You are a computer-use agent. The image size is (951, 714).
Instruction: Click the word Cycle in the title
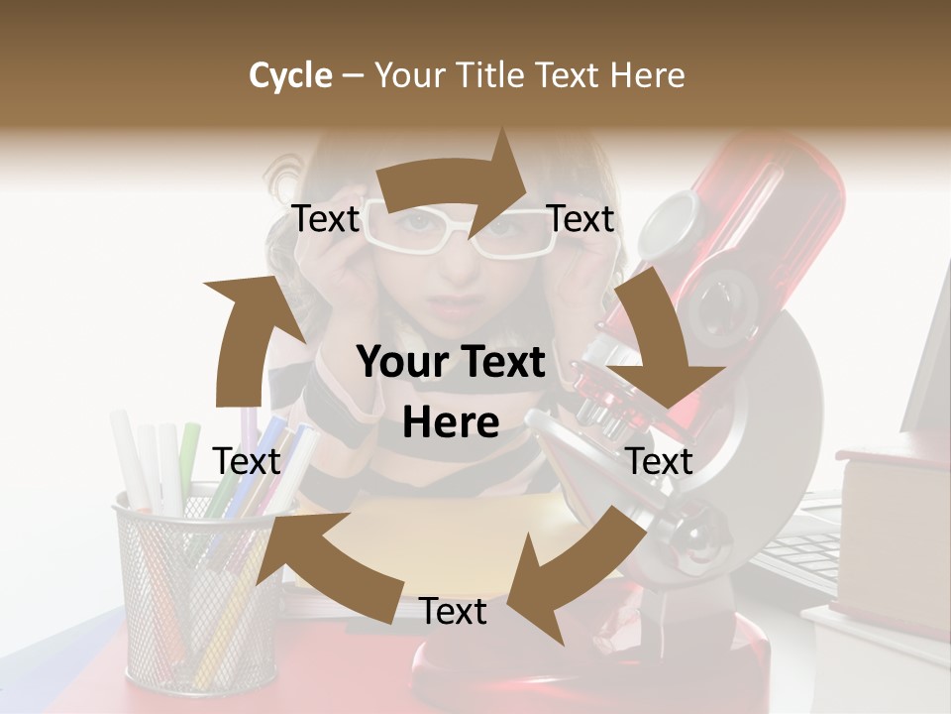[x=290, y=75]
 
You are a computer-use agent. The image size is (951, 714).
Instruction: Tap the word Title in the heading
[x=488, y=75]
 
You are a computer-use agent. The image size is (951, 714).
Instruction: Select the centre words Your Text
[x=451, y=363]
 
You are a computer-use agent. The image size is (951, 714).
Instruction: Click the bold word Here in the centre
[x=451, y=423]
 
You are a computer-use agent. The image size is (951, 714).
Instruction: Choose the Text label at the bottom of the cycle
[x=453, y=612]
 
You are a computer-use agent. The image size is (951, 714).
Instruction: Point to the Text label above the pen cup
[x=247, y=461]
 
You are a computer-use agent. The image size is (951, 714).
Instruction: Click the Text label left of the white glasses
[x=325, y=219]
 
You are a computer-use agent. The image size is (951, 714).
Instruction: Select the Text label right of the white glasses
[x=581, y=219]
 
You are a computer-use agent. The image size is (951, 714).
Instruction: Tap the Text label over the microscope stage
[x=659, y=461]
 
